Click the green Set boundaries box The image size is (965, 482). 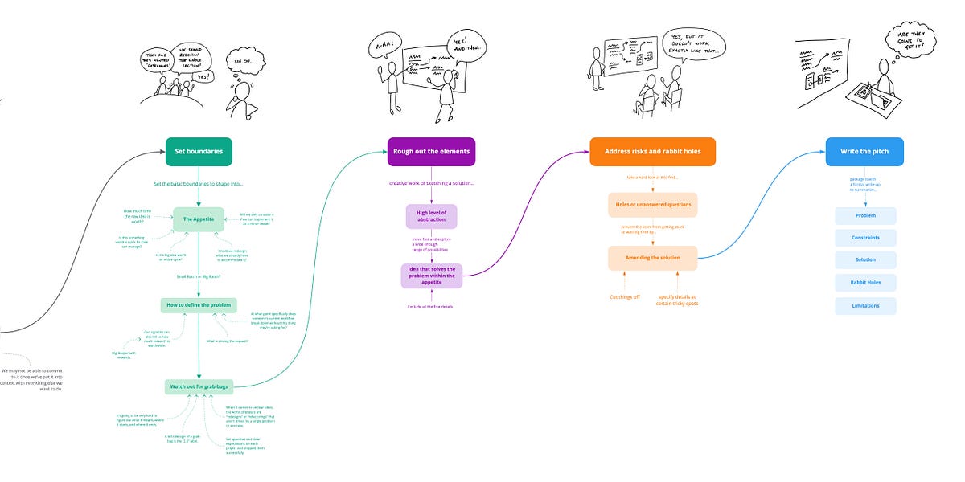click(x=199, y=151)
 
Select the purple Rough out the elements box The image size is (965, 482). click(x=431, y=151)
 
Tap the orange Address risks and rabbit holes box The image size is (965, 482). click(x=652, y=151)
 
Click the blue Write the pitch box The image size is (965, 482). click(x=864, y=151)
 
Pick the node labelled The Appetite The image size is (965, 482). click(x=198, y=219)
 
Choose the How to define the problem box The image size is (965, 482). click(x=199, y=305)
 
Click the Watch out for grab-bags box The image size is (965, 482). click(x=198, y=386)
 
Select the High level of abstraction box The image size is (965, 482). click(x=431, y=216)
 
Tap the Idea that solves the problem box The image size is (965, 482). click(x=431, y=276)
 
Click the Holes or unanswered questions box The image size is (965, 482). click(x=652, y=204)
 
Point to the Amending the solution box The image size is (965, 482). click(x=652, y=257)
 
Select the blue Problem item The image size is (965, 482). click(x=865, y=215)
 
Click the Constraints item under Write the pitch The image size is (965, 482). click(x=865, y=238)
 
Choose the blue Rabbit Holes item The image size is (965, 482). click(x=865, y=283)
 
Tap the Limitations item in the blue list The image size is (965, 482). click(x=865, y=305)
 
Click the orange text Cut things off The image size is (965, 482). click(x=624, y=296)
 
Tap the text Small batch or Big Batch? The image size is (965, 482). click(x=199, y=276)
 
